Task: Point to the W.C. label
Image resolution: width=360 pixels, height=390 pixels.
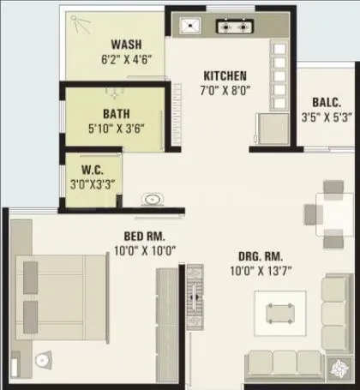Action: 93,167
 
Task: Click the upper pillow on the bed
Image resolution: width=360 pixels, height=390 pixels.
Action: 31,275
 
